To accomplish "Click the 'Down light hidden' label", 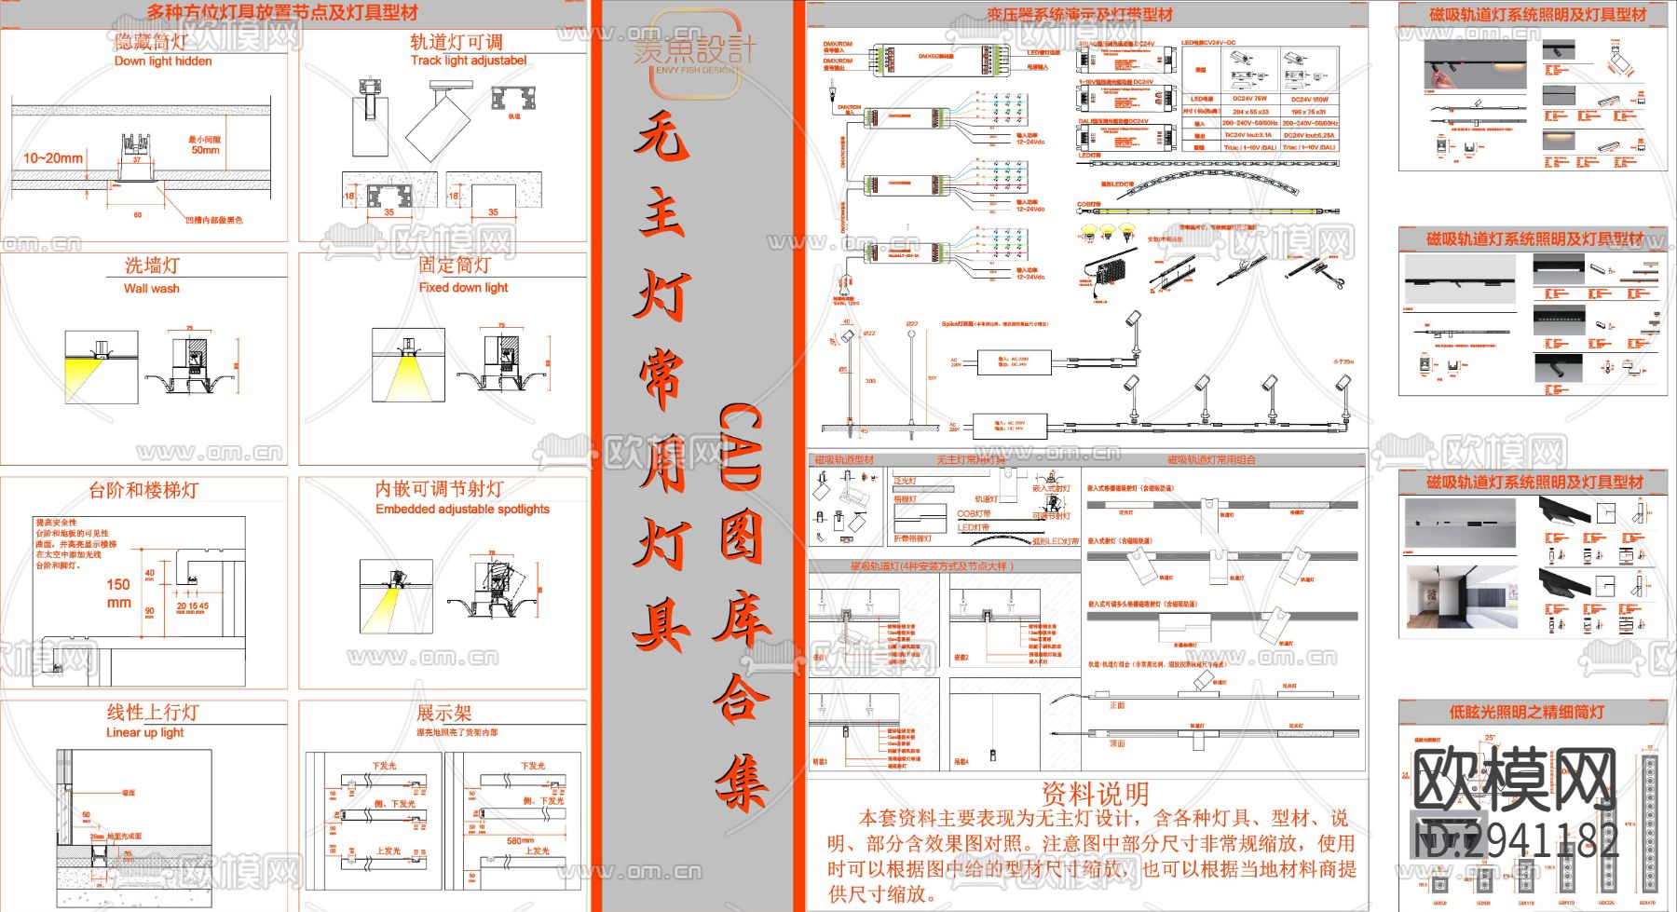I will (163, 61).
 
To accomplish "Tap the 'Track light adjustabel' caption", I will (469, 61).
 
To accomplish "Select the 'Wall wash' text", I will (152, 289).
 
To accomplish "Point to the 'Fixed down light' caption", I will (463, 288).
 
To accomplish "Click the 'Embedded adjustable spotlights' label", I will (462, 510).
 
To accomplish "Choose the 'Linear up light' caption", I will (145, 733).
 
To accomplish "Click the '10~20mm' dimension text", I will (53, 158).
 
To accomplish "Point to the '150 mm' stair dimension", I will (118, 593).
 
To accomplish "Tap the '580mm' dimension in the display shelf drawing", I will (520, 840).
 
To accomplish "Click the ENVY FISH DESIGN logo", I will (695, 54).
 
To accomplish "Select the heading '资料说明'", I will (1095, 795).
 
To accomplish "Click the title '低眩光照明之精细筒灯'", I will (1526, 713).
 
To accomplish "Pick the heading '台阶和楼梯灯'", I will (143, 490).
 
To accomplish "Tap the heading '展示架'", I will (443, 714).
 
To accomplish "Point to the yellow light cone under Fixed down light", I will (406, 380).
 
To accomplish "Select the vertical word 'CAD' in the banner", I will (740, 446).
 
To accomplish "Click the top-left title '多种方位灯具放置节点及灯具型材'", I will (282, 13).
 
